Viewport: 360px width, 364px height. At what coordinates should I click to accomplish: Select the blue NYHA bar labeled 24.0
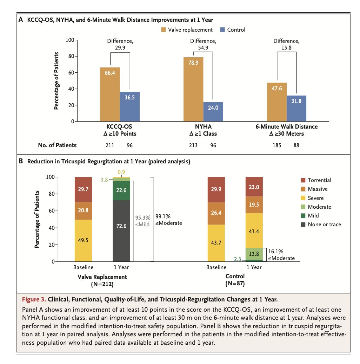[x=213, y=112]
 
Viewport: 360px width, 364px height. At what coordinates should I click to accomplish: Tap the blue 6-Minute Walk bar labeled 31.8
[x=296, y=108]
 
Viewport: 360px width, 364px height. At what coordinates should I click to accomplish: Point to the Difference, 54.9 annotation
[x=203, y=44]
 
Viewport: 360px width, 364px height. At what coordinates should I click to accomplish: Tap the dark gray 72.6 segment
[x=121, y=231]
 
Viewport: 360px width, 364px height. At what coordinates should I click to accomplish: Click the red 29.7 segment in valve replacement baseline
[x=83, y=189]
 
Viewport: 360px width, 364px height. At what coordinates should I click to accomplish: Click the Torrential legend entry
[x=319, y=180]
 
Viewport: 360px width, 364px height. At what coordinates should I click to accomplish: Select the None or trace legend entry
[x=324, y=225]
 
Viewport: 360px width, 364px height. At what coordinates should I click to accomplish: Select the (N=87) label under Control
[x=235, y=283]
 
